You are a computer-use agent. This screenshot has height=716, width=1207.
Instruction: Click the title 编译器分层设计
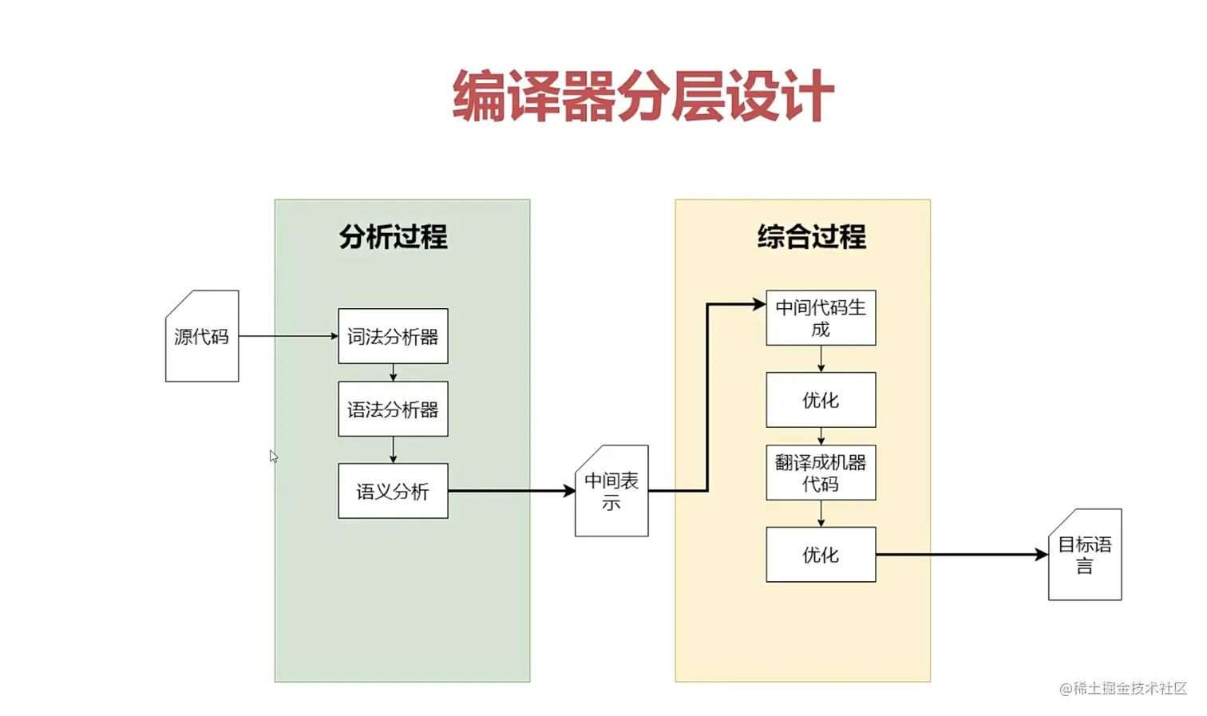pos(643,97)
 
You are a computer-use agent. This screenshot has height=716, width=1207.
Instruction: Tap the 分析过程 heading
pos(393,237)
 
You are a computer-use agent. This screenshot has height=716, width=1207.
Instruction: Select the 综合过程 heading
pos(811,237)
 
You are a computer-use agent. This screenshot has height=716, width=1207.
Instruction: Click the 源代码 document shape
pos(202,337)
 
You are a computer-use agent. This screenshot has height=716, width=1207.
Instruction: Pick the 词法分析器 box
pos(393,336)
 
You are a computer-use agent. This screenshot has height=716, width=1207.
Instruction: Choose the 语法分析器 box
pos(393,409)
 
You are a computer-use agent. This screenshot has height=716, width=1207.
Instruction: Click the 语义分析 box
pos(393,491)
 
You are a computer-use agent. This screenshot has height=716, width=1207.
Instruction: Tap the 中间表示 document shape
pos(611,491)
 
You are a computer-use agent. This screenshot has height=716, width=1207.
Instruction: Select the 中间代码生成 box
pos(821,318)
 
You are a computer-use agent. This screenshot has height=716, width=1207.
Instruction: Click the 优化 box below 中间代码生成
pos(821,400)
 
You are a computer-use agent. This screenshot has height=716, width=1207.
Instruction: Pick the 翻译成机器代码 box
pos(821,473)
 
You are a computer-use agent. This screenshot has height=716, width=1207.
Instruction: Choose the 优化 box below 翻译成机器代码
pos(821,555)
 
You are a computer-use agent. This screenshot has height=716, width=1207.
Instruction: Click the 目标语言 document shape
pos(1085,555)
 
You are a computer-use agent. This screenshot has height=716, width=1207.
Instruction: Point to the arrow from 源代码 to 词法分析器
pos(287,336)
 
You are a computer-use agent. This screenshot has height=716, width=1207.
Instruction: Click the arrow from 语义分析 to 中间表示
pos(511,491)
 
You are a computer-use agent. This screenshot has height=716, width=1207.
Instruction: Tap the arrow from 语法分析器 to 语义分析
pos(393,449)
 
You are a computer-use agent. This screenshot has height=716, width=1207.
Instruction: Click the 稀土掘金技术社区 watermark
pos(1123,688)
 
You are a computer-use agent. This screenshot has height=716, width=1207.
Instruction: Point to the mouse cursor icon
pos(274,457)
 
